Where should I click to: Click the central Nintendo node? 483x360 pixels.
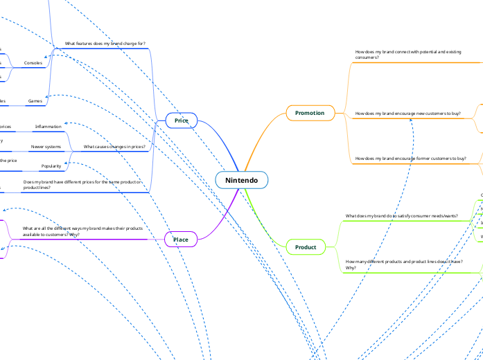(241, 180)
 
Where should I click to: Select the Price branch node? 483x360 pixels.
(182, 120)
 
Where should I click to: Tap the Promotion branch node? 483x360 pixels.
(310, 112)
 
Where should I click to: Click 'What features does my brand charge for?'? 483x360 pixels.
(105, 44)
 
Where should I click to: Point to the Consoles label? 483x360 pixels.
(33, 63)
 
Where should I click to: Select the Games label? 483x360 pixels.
(35, 101)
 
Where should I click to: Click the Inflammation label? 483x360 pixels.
(49, 127)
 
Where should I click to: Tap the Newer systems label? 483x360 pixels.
(46, 147)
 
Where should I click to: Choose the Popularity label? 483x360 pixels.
(51, 166)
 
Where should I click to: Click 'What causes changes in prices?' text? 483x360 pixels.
(114, 147)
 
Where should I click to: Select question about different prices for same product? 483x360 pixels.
(82, 184)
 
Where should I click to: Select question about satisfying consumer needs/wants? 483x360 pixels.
(401, 216)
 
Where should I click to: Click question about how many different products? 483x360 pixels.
(403, 264)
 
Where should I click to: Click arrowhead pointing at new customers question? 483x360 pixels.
(412, 118)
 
